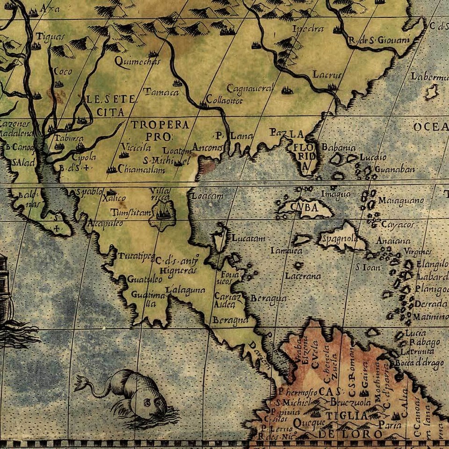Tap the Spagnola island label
pos(339,239)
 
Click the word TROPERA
pos(159,125)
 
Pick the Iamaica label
pos(286,251)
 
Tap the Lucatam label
pos(248,238)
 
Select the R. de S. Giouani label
pos(379,40)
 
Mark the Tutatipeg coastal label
pos(136,256)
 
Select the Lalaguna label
pos(185,289)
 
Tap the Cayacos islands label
pos(398,224)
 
